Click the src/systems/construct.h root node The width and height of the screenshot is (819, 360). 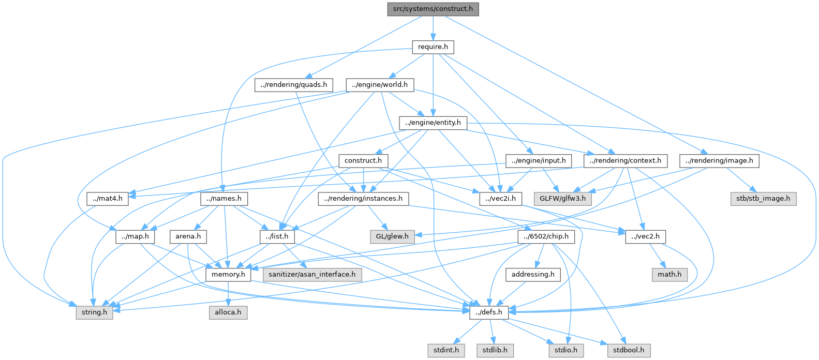click(x=433, y=9)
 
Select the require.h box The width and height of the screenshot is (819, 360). click(x=433, y=47)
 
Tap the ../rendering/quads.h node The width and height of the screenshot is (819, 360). click(x=293, y=85)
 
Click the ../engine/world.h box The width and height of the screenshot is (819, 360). click(x=380, y=85)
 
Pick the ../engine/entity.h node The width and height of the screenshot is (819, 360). click(x=433, y=123)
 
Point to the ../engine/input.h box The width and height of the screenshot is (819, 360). click(x=539, y=161)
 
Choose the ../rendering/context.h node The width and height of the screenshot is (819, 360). click(x=625, y=161)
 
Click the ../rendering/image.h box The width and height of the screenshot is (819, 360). click(x=719, y=161)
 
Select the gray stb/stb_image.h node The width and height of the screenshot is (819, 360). click(x=764, y=199)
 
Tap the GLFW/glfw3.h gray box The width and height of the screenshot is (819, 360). click(x=563, y=199)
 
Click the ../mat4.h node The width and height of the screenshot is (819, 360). click(x=108, y=199)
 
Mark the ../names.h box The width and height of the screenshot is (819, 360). click(x=224, y=199)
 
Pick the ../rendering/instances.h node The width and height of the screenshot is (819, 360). click(x=363, y=199)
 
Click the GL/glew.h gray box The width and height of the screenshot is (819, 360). click(x=392, y=237)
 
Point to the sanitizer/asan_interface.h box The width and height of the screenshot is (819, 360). click(x=312, y=275)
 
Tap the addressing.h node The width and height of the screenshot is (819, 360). click(x=533, y=275)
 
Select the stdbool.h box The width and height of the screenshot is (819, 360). click(x=629, y=351)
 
